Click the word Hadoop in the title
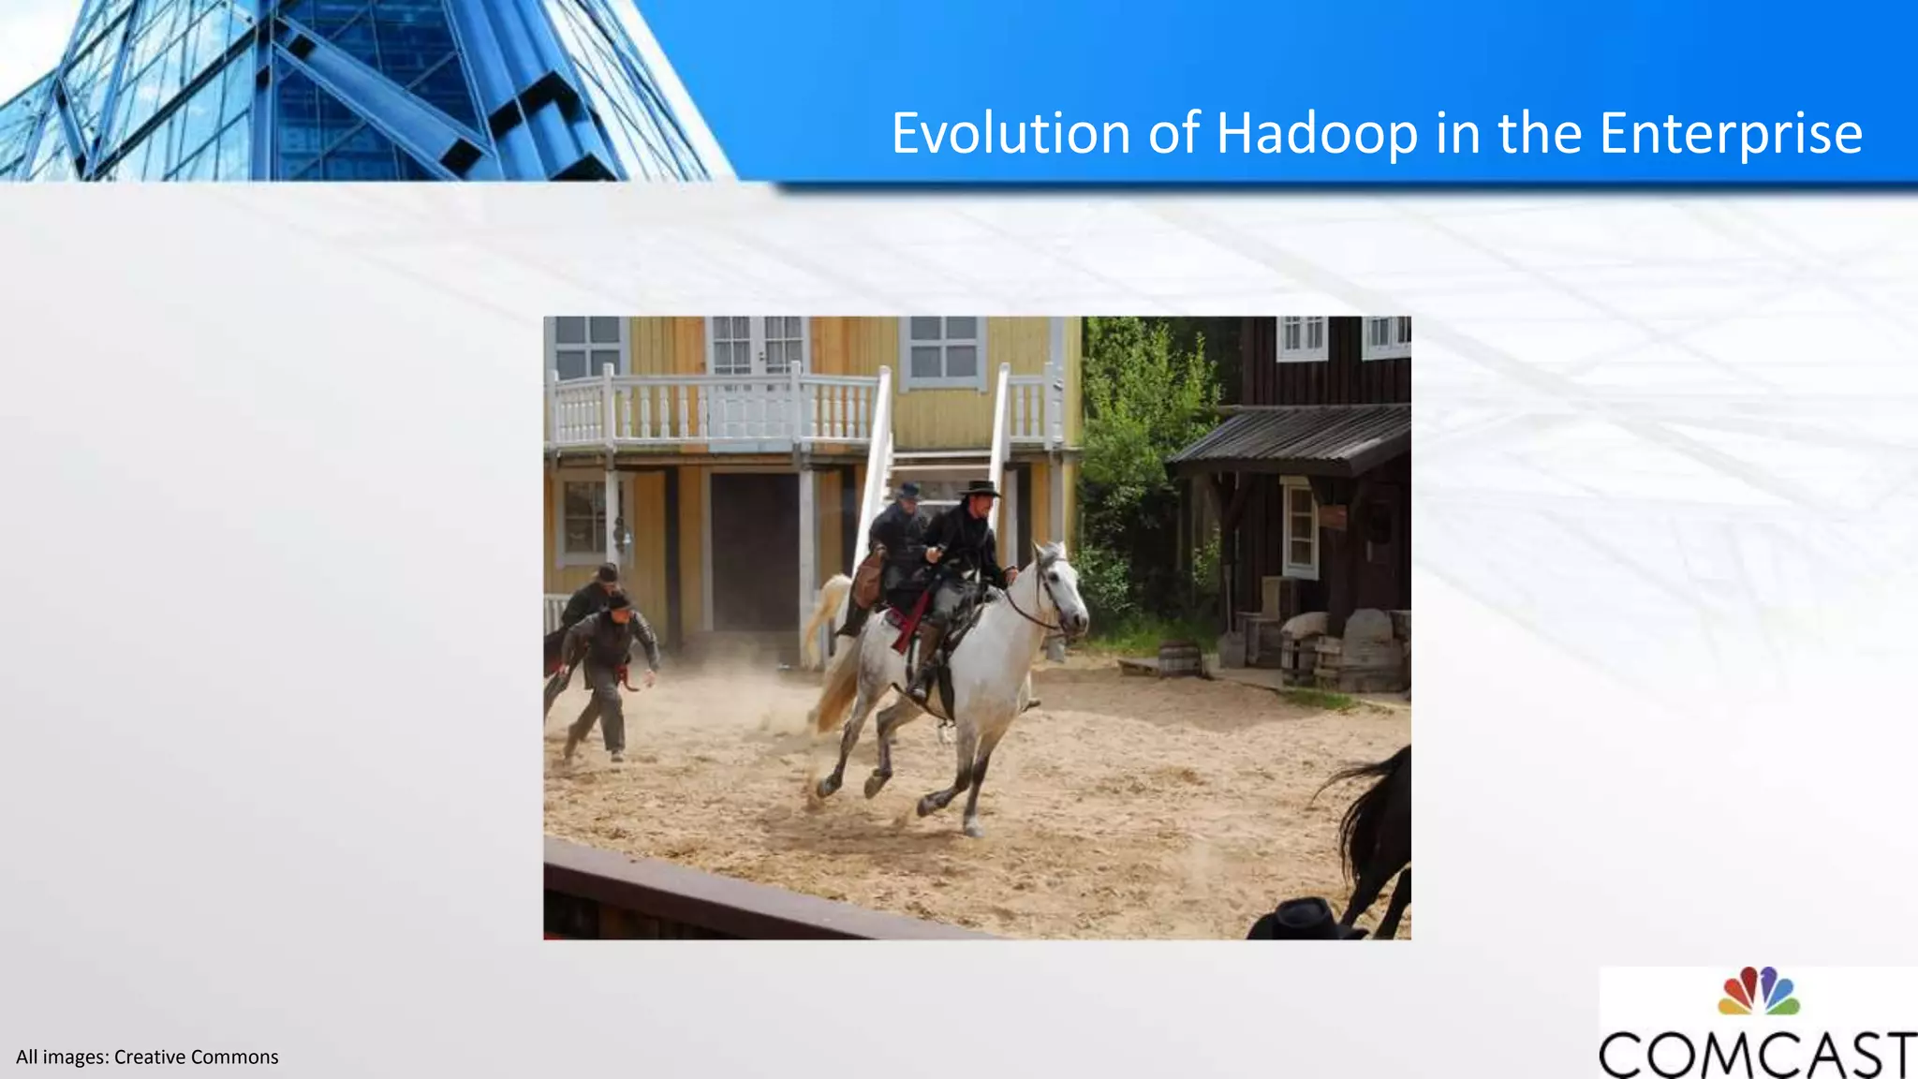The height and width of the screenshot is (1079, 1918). [x=1317, y=133]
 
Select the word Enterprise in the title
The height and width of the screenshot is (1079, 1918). [x=1731, y=133]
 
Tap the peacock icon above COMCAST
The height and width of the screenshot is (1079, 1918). [x=1758, y=991]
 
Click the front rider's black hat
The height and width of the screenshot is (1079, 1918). [x=980, y=488]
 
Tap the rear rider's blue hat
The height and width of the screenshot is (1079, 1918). [x=907, y=490]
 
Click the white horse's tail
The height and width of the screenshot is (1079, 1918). [x=830, y=656]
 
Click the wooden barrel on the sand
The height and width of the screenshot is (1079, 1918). [x=1178, y=658]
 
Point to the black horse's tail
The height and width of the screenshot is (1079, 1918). [x=1358, y=806]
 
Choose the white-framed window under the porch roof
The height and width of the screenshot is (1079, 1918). [x=1300, y=529]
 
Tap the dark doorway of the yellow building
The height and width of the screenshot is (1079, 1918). [x=754, y=553]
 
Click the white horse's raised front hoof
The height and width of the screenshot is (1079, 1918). [x=829, y=787]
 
